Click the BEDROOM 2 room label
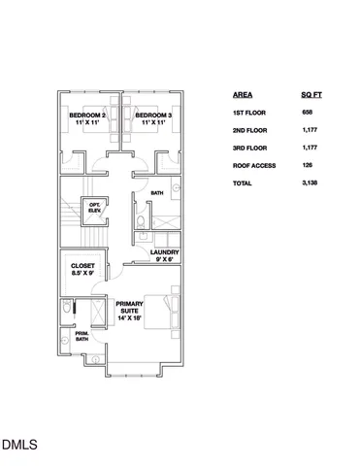(87, 116)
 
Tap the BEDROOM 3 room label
(155, 116)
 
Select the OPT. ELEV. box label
(96, 208)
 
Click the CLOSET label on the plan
(82, 266)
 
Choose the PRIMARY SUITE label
(129, 307)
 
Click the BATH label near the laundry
(157, 193)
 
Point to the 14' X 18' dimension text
(129, 318)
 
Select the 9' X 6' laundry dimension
(164, 259)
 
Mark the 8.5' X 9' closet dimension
(82, 274)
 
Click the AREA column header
(244, 96)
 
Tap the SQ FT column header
(312, 96)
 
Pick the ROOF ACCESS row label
(255, 165)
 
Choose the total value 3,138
(311, 183)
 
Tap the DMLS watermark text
(18, 446)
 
